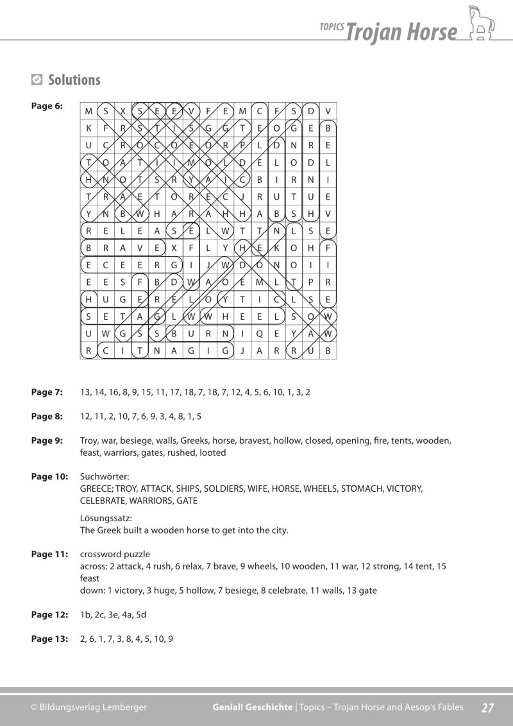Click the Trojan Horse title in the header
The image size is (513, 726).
[x=401, y=31]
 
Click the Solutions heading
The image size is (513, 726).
[x=74, y=80]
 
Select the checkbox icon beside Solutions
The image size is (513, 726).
[x=37, y=80]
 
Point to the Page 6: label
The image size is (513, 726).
[x=47, y=107]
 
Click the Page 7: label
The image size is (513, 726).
[x=47, y=392]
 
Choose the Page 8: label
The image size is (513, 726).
[x=47, y=417]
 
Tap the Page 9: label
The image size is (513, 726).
[x=47, y=441]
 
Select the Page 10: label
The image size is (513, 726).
[x=49, y=476]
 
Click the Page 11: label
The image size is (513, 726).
[x=49, y=554]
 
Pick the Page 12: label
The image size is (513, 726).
[x=49, y=615]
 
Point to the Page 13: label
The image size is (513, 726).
[x=49, y=639]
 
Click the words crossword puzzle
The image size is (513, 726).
[x=115, y=554]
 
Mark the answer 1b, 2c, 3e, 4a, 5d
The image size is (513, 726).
[x=114, y=615]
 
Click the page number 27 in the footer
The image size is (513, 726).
[x=487, y=707]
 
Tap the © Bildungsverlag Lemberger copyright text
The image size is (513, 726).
[x=89, y=707]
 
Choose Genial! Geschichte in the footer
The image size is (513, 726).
[x=252, y=707]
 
